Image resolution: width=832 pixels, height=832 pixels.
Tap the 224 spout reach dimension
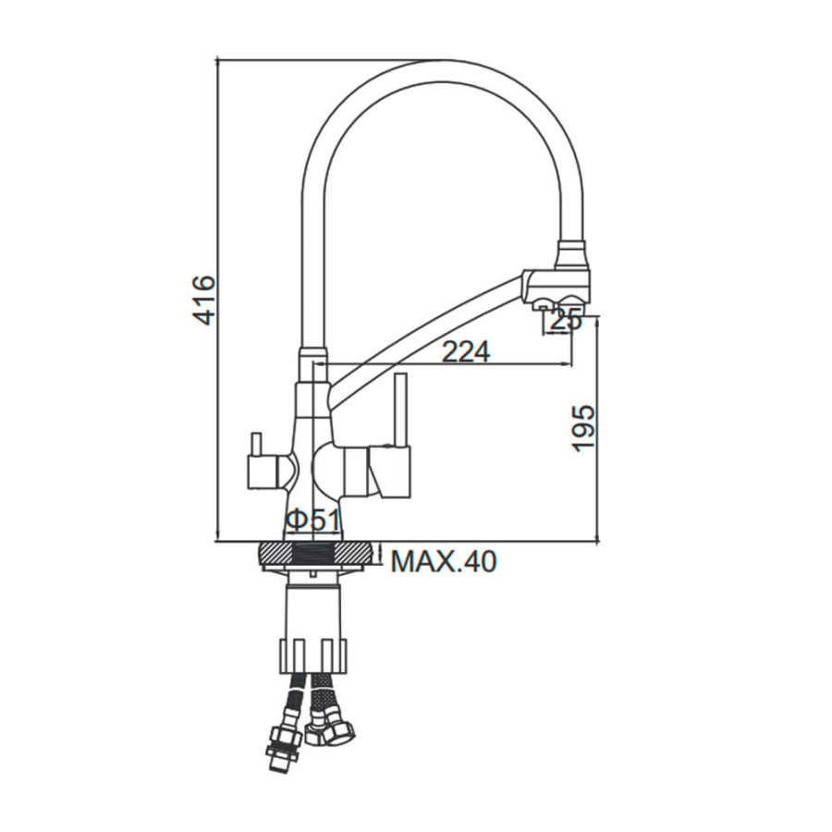point(466,351)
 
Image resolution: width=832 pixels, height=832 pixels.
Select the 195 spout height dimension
point(583,428)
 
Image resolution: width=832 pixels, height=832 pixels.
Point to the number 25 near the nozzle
point(566,321)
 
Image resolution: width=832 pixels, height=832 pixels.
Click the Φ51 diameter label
point(312,520)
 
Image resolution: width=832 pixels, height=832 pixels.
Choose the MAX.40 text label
point(444,561)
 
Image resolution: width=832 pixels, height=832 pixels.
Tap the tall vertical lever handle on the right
point(400,410)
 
